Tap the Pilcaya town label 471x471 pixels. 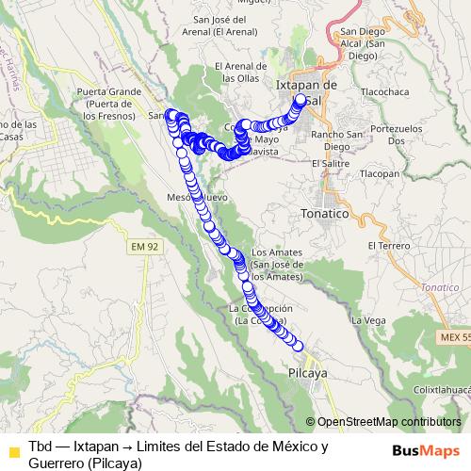[306, 373]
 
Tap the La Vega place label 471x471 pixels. [368, 320]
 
